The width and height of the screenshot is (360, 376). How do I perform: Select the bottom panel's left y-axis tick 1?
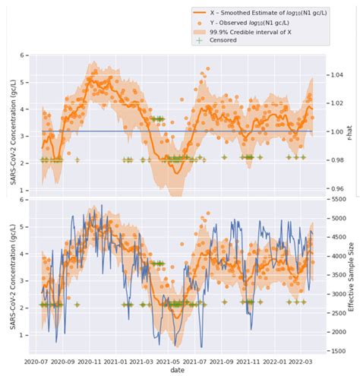(25, 335)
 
